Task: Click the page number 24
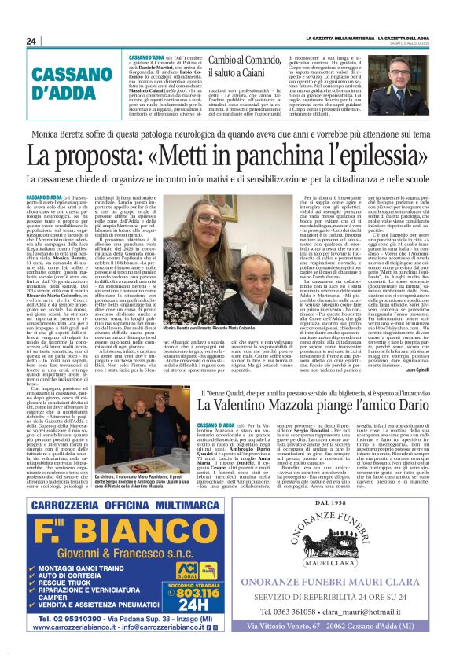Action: pyautogui.click(x=31, y=41)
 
